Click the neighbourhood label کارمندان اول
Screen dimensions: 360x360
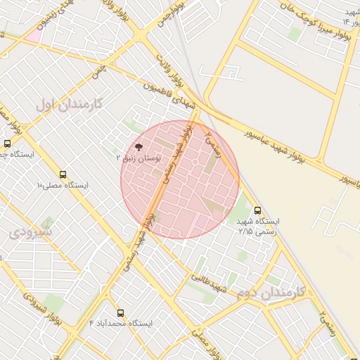[69, 104]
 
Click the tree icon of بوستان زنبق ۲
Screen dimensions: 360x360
[138, 148]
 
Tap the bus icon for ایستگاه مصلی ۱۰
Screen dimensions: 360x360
[63, 174]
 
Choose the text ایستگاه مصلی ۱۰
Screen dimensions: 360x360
[63, 185]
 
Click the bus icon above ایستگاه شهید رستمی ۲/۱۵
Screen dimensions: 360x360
[257, 210]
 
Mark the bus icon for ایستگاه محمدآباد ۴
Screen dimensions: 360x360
[120, 312]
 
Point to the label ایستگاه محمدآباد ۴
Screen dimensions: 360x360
[120, 323]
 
